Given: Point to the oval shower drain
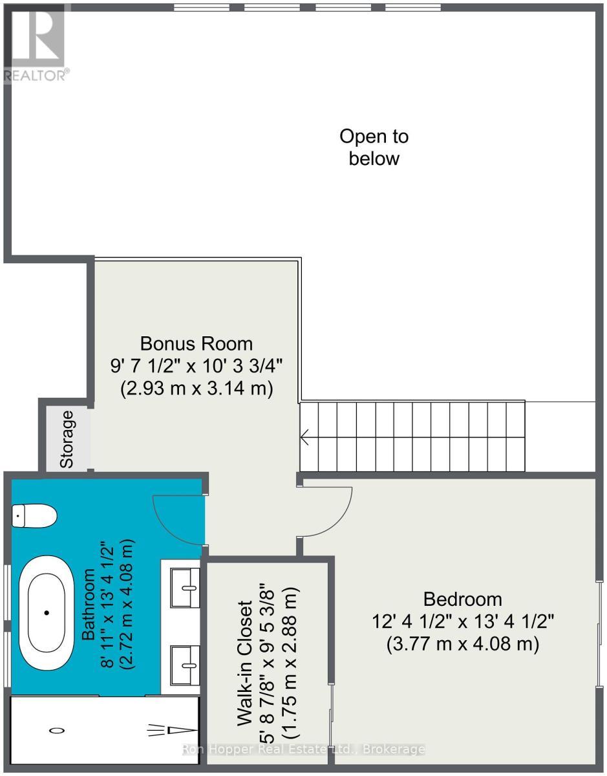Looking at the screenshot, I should pyautogui.click(x=57, y=730).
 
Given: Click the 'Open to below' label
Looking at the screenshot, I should pyautogui.click(x=374, y=147).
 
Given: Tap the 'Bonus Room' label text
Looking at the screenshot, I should pyautogui.click(x=197, y=343).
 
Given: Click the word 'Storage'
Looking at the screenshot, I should pyautogui.click(x=67, y=439).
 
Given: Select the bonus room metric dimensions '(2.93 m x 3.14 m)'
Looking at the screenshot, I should pyautogui.click(x=197, y=389).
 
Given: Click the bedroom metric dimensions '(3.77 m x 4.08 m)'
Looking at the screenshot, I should pyautogui.click(x=462, y=645).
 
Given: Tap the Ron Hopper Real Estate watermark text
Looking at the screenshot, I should pyautogui.click(x=304, y=749).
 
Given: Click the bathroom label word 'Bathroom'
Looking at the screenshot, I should pyautogui.click(x=88, y=605).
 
